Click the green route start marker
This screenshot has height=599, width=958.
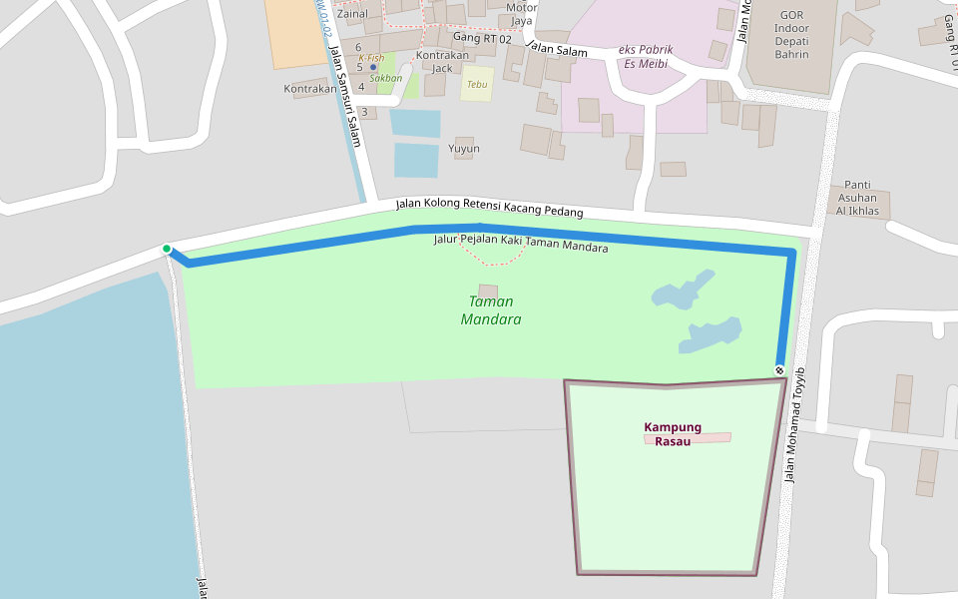pos(167,249)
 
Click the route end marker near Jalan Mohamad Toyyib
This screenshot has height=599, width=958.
pos(779,370)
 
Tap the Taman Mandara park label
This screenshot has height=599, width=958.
pos(491,310)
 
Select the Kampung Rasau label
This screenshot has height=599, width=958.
pos(673,434)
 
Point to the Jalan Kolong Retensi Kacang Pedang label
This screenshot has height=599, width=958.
pos(489,208)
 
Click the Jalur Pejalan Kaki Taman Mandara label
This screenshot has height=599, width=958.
pos(521,243)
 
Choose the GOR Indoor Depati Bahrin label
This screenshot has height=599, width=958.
pos(791,35)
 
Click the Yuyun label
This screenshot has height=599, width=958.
pos(464,149)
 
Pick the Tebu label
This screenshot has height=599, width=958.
pos(477,85)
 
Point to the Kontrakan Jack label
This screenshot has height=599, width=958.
pos(442,62)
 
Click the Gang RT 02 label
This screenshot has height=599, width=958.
pos(482,38)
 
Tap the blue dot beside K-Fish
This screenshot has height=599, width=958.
pos(373,68)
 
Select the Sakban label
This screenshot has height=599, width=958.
pos(385,78)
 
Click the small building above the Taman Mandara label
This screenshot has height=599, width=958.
pos(488,291)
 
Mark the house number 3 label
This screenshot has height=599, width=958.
pos(365,112)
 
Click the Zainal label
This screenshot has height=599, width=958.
pos(351,14)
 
